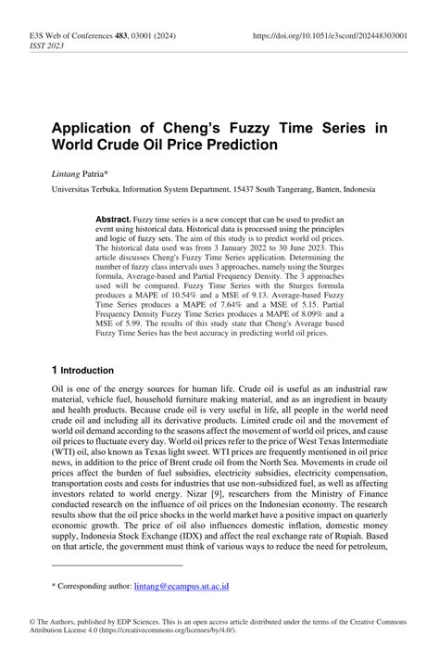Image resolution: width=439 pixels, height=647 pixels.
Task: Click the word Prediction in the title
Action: [237, 146]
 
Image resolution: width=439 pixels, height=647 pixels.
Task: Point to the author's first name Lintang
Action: [66, 173]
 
